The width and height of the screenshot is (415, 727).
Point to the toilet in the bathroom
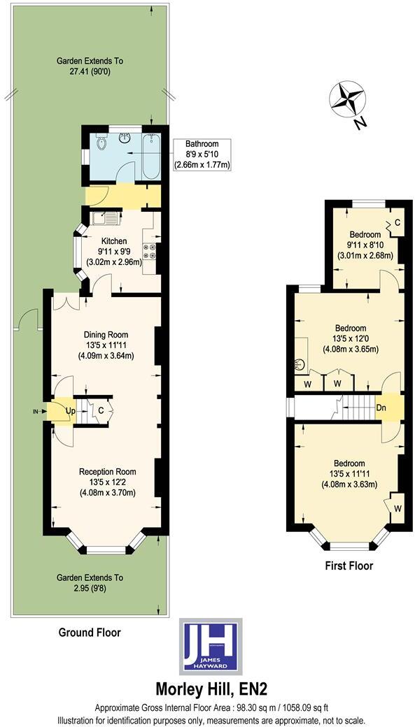pos(101,144)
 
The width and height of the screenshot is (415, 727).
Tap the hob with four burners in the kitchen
pos(149,252)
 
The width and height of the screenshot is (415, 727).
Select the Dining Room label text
pos(106,334)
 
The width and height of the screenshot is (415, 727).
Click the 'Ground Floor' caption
pos(90,633)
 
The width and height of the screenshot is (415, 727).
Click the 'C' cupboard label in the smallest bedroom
pos(397,222)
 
